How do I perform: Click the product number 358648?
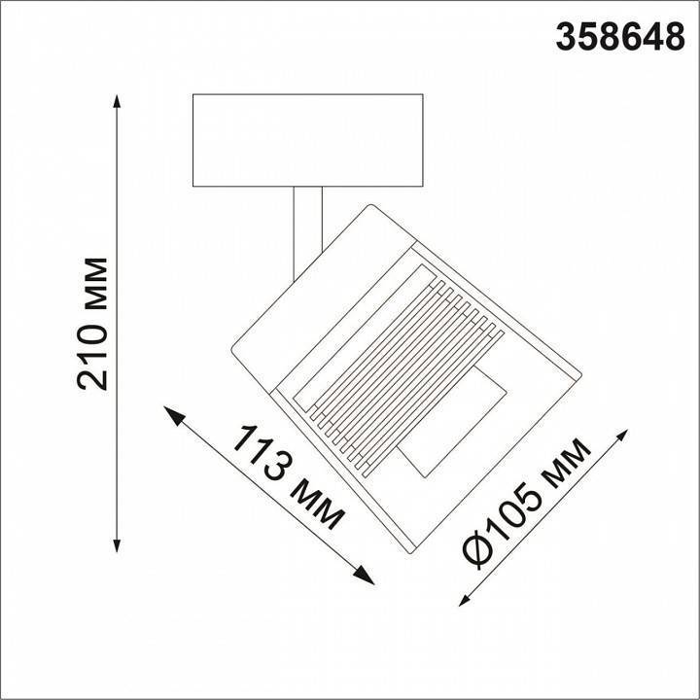619,36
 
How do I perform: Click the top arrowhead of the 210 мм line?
118,102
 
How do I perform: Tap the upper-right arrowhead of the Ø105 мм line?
625,435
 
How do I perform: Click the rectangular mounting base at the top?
307,139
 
